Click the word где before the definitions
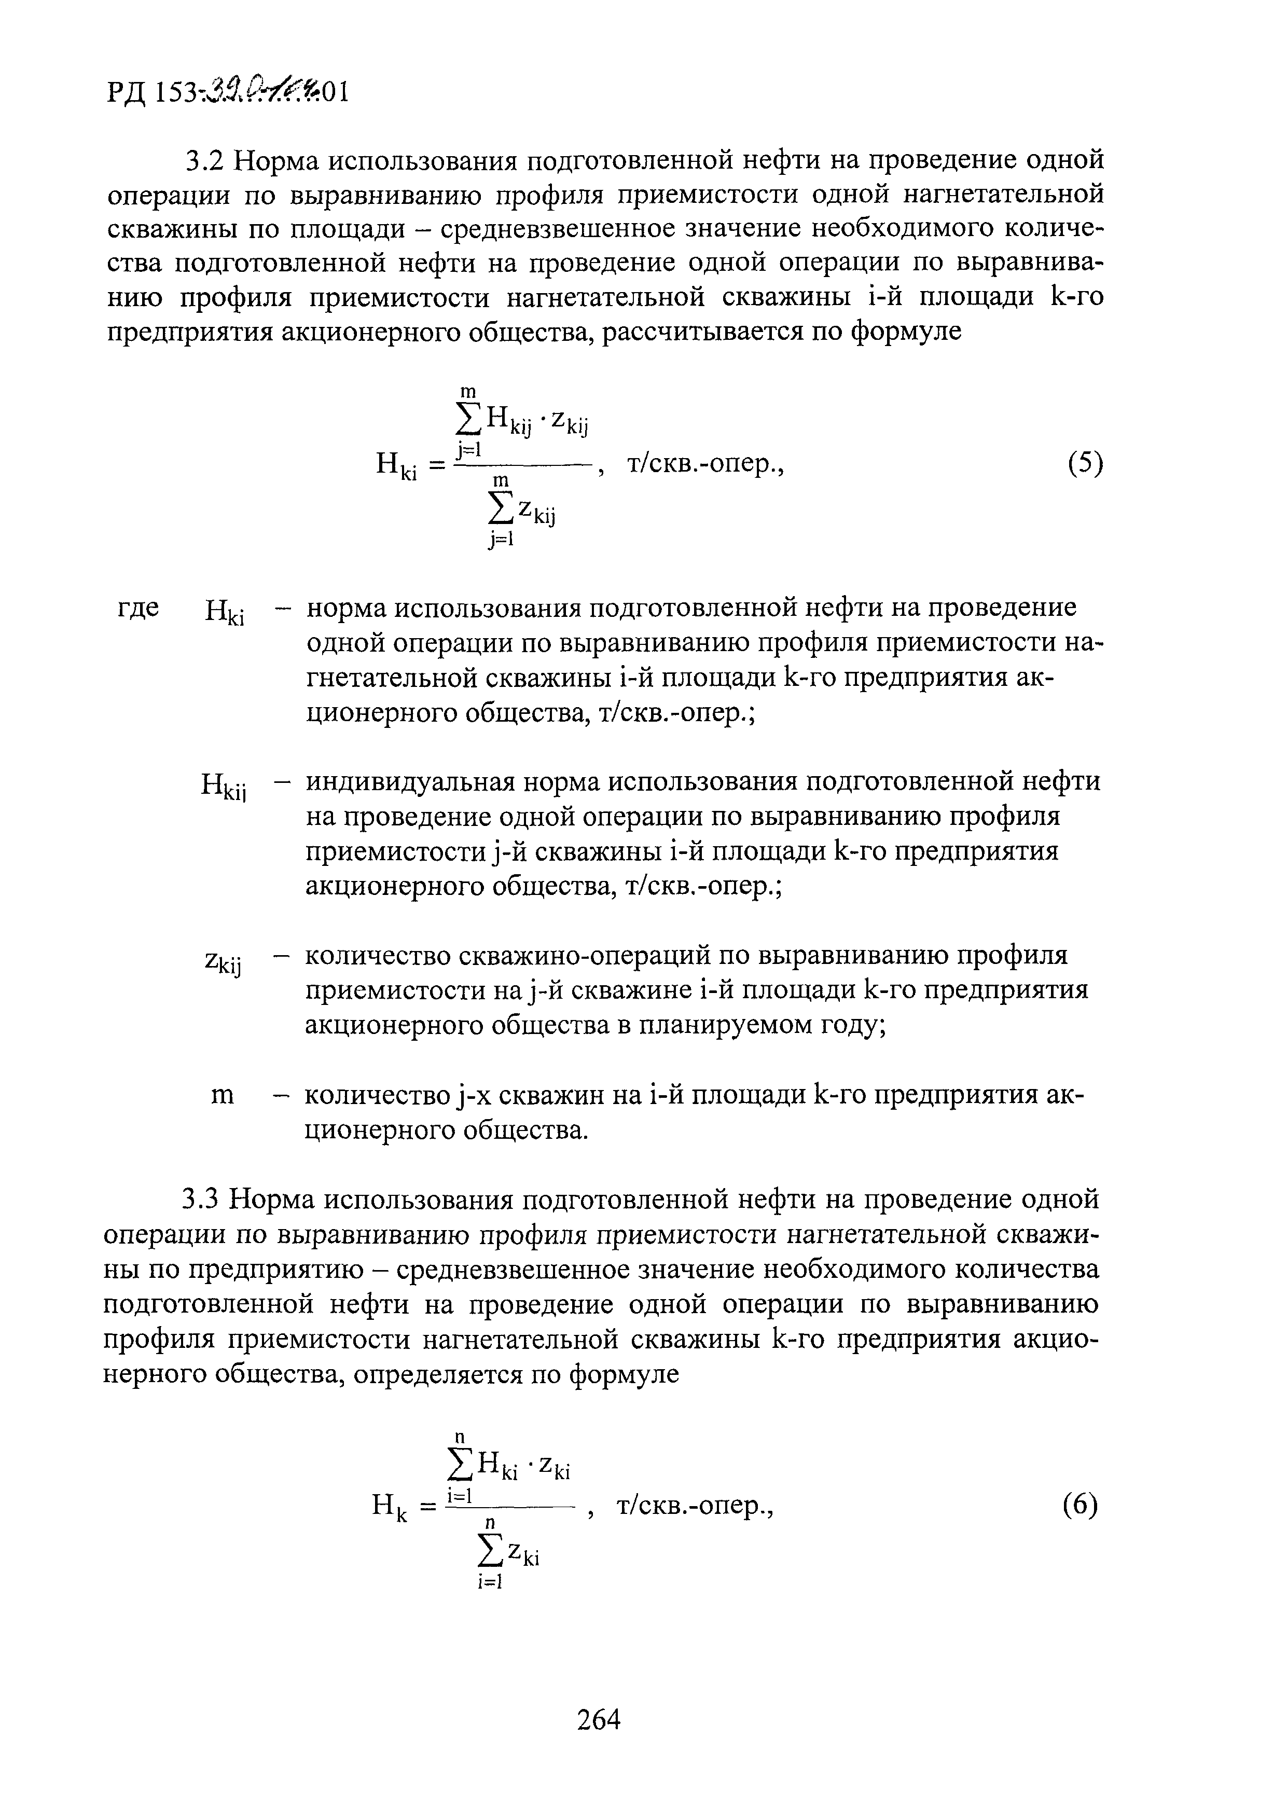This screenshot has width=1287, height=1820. click(x=139, y=608)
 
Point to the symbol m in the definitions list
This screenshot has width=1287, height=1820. click(x=223, y=1096)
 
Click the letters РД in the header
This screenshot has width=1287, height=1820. click(x=126, y=93)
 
